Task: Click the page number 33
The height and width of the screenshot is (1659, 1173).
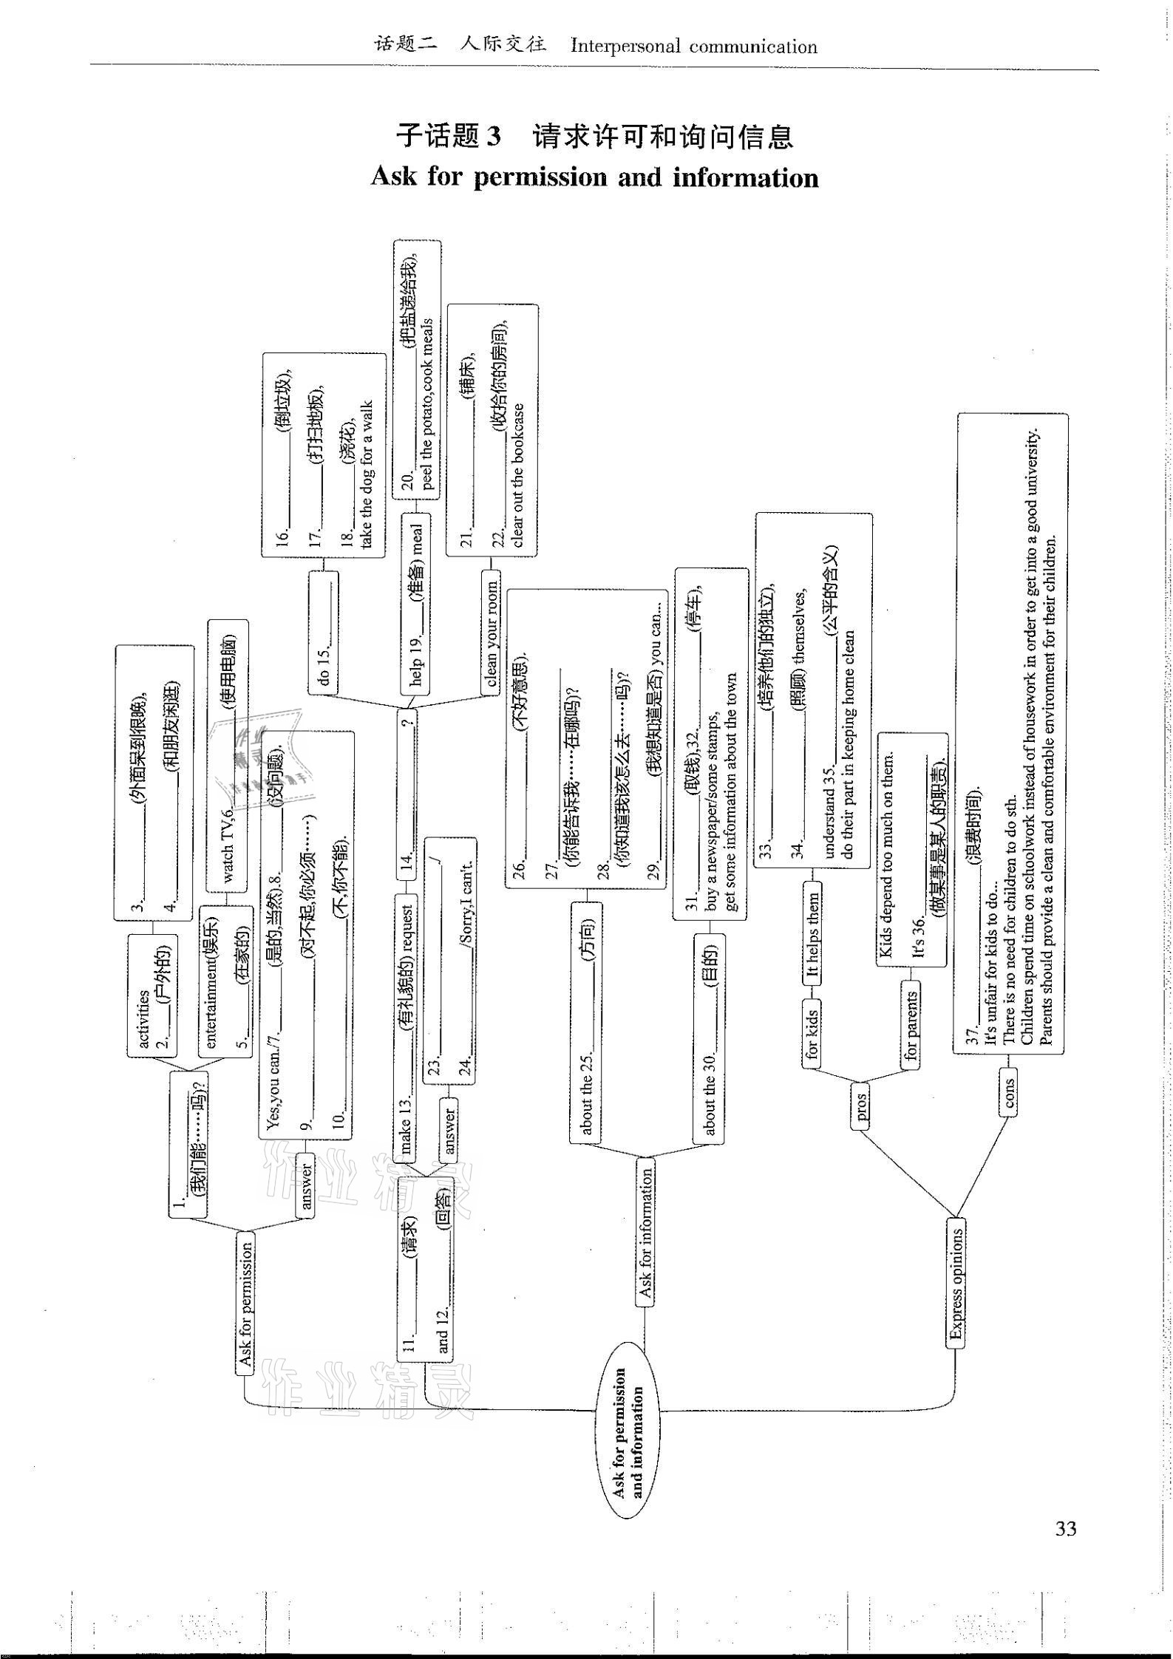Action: (1065, 1529)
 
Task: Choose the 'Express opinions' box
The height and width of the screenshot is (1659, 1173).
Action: (956, 1287)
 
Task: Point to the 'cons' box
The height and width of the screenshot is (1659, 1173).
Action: (1009, 1097)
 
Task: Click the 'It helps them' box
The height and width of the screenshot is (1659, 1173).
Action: (812, 934)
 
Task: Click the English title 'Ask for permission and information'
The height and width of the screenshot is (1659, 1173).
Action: (594, 178)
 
